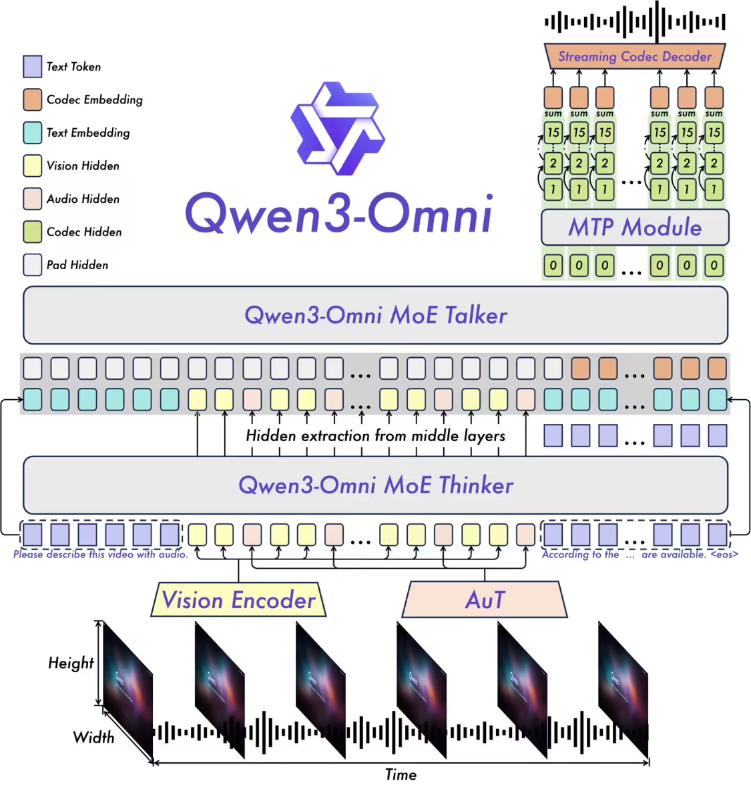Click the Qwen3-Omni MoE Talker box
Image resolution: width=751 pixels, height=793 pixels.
click(375, 315)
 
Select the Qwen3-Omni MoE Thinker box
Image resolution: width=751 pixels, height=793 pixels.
click(375, 485)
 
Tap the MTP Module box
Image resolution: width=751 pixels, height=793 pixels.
click(634, 228)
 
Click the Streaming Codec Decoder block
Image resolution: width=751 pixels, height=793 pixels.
click(634, 57)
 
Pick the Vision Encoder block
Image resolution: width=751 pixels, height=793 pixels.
click(238, 600)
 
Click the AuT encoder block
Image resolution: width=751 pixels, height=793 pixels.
click(485, 600)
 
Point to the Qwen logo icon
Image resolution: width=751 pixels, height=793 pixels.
click(338, 129)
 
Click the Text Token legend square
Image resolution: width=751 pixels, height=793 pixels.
click(33, 67)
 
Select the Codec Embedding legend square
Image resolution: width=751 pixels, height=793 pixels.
click(33, 99)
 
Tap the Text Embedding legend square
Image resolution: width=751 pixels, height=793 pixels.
click(33, 133)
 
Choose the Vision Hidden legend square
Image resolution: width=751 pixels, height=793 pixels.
click(33, 166)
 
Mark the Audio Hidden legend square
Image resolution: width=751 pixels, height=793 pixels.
click(33, 199)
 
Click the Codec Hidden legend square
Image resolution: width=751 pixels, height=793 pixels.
click(33, 232)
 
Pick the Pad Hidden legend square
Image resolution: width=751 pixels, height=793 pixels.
click(33, 265)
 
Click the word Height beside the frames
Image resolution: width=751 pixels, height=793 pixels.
click(71, 663)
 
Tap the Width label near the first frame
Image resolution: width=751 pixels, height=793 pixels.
click(93, 737)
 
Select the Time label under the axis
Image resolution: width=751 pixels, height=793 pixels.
click(401, 774)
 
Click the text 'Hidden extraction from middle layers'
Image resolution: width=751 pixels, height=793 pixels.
click(375, 436)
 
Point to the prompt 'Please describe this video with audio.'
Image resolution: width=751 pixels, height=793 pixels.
click(101, 554)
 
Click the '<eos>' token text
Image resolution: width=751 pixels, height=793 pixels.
click(724, 554)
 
